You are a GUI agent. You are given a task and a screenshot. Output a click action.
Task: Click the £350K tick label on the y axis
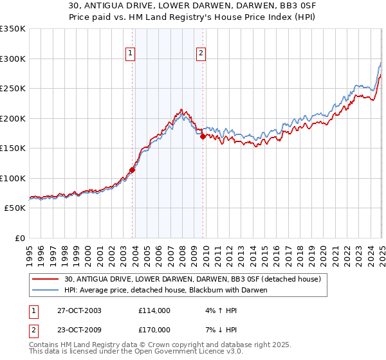coord(13,29)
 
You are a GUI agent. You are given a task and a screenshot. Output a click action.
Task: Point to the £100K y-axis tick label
coord(13,178)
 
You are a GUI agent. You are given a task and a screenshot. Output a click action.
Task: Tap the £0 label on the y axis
coord(20,238)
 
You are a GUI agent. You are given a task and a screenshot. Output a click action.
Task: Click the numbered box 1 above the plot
coord(131,53)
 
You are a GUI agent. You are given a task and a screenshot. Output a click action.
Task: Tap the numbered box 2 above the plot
coord(201,53)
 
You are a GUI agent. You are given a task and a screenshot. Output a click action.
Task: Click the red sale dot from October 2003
coord(133,170)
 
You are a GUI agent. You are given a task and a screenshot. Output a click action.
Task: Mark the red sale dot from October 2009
coord(203,136)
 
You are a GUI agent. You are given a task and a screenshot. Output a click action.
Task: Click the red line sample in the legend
coord(46,279)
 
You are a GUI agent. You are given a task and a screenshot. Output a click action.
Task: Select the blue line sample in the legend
coord(46,290)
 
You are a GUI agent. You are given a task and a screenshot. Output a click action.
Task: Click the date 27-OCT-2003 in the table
coord(79,310)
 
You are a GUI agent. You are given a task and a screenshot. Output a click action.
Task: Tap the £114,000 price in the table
coord(154,310)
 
